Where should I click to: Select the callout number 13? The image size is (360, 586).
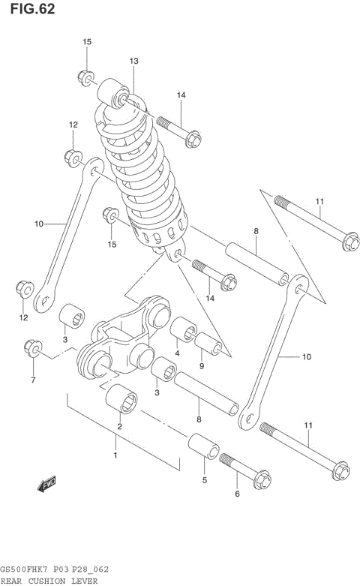(x=134, y=61)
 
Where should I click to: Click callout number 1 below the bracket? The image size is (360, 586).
(x=115, y=455)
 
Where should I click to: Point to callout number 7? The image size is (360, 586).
(x=33, y=380)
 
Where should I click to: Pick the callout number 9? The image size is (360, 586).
(x=202, y=366)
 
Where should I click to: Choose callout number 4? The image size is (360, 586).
(x=177, y=354)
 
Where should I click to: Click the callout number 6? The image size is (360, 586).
(x=237, y=494)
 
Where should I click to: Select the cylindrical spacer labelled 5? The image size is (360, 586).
(x=202, y=447)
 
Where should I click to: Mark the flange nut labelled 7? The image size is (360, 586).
(x=33, y=347)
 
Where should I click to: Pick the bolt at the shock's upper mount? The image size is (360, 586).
(x=178, y=129)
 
